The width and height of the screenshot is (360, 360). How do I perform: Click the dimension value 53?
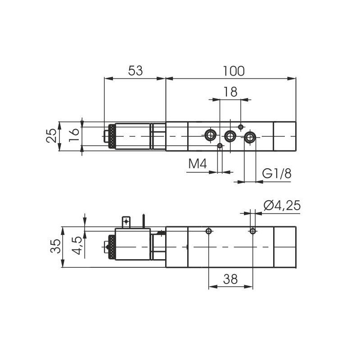pyautogui.click(x=135, y=71)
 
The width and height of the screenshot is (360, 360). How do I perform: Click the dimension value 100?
pyautogui.click(x=233, y=71)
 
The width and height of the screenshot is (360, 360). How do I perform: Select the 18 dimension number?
pyautogui.click(x=230, y=92)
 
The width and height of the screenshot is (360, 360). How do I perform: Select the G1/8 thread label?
pyautogui.click(x=277, y=174)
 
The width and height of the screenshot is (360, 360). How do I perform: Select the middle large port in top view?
pyautogui.click(x=230, y=135)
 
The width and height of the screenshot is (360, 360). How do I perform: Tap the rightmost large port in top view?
pyautogui.click(x=250, y=137)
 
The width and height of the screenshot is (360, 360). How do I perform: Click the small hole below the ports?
pyautogui.click(x=220, y=145)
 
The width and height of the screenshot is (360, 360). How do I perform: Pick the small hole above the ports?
pyautogui.click(x=241, y=126)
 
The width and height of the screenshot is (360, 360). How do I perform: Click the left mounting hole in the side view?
pyautogui.click(x=208, y=231)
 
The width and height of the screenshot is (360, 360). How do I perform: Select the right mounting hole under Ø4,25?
pyautogui.click(x=253, y=231)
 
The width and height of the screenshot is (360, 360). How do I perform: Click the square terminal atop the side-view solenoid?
pyautogui.click(x=126, y=221)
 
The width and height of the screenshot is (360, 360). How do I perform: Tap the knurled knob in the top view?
pyautogui.click(x=109, y=136)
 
